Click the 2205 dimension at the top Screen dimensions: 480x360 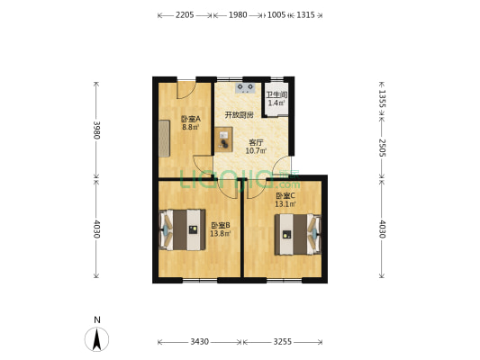tap(185, 15)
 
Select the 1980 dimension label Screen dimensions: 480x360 tap(238, 15)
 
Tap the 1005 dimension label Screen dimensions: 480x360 tap(276, 15)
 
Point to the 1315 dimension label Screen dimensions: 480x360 tap(305, 15)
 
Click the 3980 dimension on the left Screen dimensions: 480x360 tap(96, 130)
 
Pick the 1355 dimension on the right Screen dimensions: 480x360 tap(382, 98)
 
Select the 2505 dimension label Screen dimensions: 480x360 tap(382, 148)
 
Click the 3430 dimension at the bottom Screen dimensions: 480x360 tap(200, 342)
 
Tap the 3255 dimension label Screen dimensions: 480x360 tap(282, 342)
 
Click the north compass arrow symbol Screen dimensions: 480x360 tap(96, 339)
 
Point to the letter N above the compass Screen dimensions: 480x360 tap(97, 320)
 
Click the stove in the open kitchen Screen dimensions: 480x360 tap(245, 88)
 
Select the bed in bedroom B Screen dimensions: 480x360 tap(183, 229)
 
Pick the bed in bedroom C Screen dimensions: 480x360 tap(298, 234)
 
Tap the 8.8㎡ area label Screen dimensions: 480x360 tap(190, 127)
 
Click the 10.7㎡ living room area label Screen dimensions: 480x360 tap(256, 150)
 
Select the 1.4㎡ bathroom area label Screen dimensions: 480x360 tap(276, 103)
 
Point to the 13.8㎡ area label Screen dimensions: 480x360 tap(220, 234)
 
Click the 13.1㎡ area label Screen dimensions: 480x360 tap(285, 204)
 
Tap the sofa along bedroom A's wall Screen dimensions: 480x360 tap(164, 139)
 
